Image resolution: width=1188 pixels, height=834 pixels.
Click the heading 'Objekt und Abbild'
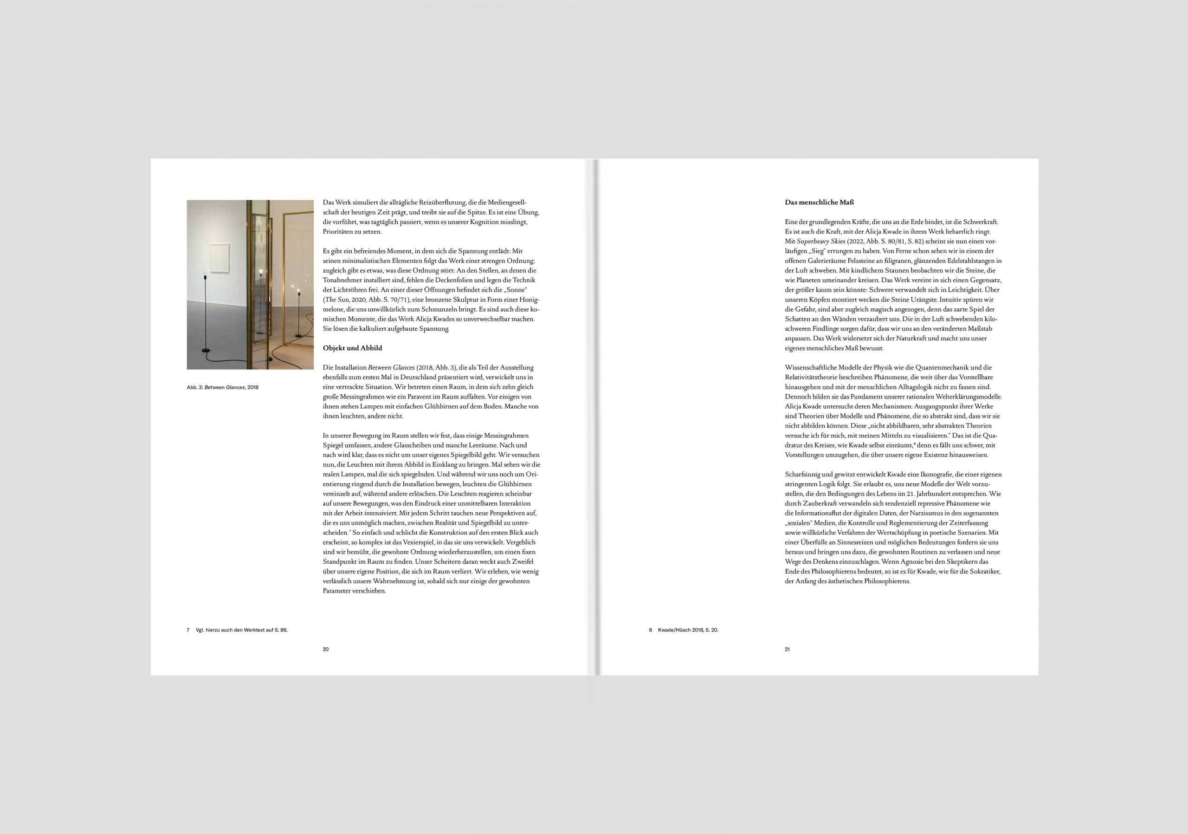tap(352, 348)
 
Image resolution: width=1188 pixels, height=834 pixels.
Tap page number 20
tap(325, 649)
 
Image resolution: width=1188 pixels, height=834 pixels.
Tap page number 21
tap(787, 649)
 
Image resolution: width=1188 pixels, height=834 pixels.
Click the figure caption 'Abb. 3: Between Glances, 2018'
tap(222, 387)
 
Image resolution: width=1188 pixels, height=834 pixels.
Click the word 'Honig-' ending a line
tap(529, 300)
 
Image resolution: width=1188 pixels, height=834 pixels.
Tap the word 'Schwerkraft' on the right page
tap(981, 222)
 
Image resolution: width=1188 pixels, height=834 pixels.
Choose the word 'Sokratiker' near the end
tap(984, 572)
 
